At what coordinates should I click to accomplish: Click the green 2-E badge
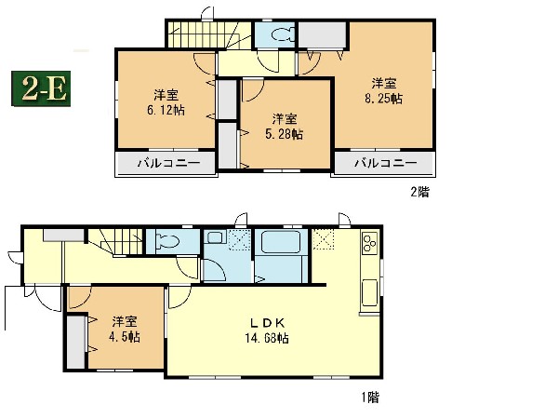(41, 88)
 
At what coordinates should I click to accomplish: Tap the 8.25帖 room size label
(383, 99)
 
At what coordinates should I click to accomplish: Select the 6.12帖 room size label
(166, 110)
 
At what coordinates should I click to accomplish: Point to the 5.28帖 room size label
(284, 134)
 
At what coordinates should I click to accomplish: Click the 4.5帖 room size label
(125, 336)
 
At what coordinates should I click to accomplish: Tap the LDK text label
(267, 323)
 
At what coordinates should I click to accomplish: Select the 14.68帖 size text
(267, 338)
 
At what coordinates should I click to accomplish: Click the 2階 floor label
(420, 192)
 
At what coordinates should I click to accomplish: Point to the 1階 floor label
(370, 397)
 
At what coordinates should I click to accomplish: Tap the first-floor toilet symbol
(167, 242)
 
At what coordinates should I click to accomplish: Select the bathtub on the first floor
(282, 242)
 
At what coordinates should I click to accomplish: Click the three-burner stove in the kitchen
(370, 243)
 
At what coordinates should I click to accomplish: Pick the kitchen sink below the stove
(370, 293)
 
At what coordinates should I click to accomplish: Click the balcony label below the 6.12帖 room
(169, 163)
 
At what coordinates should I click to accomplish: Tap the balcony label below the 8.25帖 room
(386, 163)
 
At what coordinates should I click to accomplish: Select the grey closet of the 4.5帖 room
(76, 342)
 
